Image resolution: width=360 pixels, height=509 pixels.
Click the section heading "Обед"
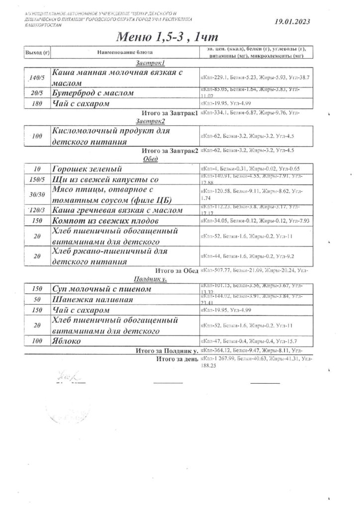pos(150,159)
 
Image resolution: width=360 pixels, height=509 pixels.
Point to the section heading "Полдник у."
pos(150,280)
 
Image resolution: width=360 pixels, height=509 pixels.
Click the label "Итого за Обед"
pos(177,271)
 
